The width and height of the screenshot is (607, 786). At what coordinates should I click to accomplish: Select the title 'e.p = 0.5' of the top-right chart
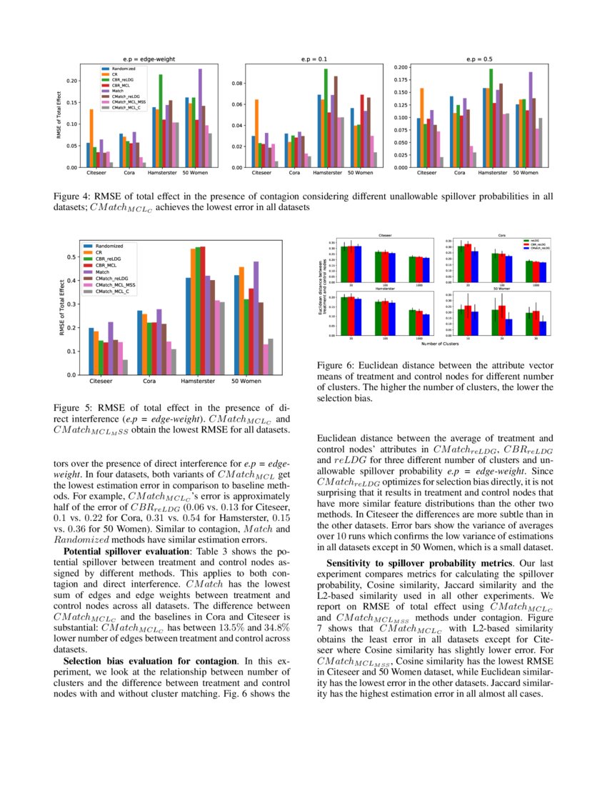(478, 60)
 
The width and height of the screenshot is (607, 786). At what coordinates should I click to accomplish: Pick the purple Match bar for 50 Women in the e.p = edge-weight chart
(200, 118)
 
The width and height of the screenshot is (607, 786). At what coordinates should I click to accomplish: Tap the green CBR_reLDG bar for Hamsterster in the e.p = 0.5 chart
(491, 118)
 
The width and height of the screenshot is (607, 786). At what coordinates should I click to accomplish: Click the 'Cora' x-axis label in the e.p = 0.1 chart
(294, 173)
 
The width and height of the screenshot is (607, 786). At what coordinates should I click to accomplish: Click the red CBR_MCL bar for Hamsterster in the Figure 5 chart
(203, 310)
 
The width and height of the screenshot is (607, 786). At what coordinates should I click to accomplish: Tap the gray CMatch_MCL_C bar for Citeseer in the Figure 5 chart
(126, 367)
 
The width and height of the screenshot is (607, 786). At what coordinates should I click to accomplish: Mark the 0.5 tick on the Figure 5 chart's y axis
(72, 257)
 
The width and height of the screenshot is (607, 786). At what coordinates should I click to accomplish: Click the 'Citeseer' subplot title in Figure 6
(384, 234)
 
